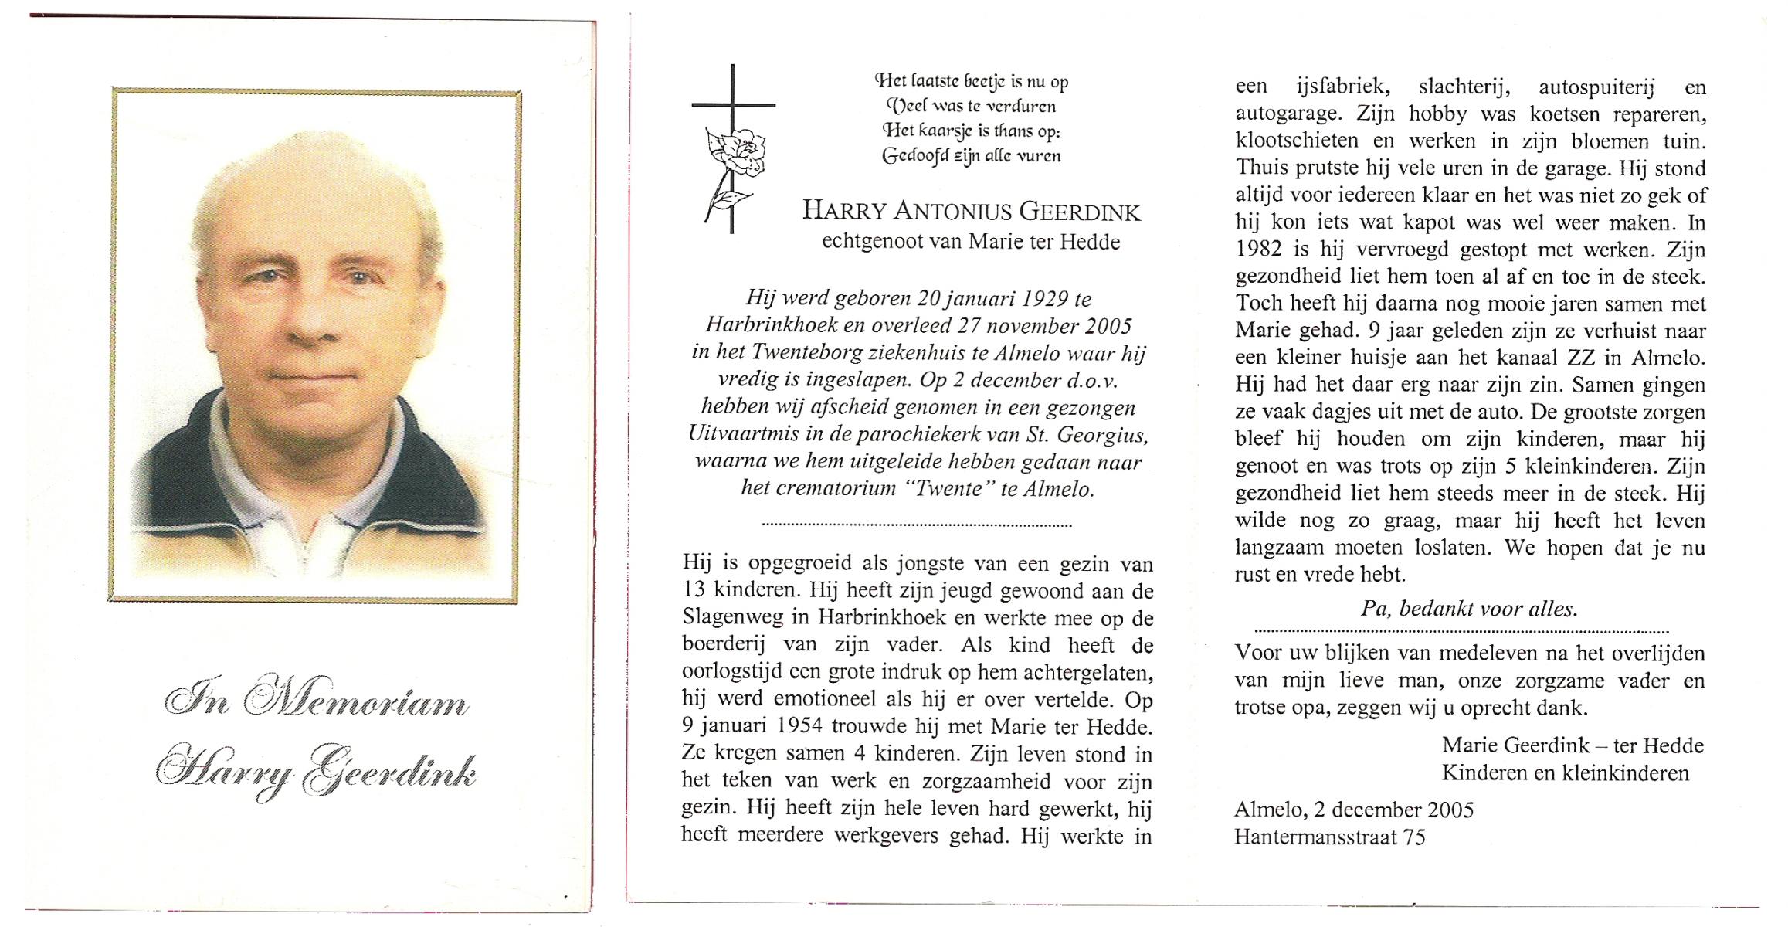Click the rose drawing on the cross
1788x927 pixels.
735,155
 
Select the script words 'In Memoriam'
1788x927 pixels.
317,700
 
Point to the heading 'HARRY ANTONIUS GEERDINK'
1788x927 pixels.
971,211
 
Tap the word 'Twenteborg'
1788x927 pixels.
805,353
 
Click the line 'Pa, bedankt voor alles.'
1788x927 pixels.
1468,609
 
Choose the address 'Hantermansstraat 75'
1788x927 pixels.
1329,837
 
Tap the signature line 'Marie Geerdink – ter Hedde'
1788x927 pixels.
1573,745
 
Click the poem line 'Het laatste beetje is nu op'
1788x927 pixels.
971,81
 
